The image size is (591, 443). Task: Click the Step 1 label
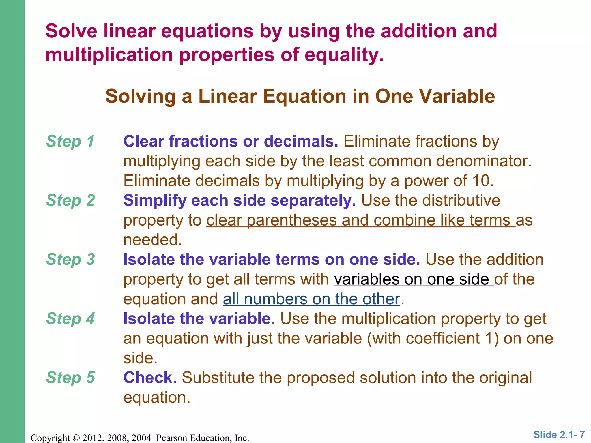click(70, 141)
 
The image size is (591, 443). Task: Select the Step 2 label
click(70, 200)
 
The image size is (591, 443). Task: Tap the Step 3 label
click(70, 259)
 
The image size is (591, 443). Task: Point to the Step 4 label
click(70, 318)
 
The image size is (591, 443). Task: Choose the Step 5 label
click(70, 378)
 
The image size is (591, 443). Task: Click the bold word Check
click(150, 378)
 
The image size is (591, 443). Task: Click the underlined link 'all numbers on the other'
click(311, 299)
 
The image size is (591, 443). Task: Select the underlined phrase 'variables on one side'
click(414, 279)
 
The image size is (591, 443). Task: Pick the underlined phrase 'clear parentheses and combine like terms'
click(360, 220)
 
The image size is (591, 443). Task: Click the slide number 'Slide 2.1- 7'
click(559, 434)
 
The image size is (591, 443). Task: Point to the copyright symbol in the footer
click(76, 438)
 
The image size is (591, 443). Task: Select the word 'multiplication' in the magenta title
click(109, 55)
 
